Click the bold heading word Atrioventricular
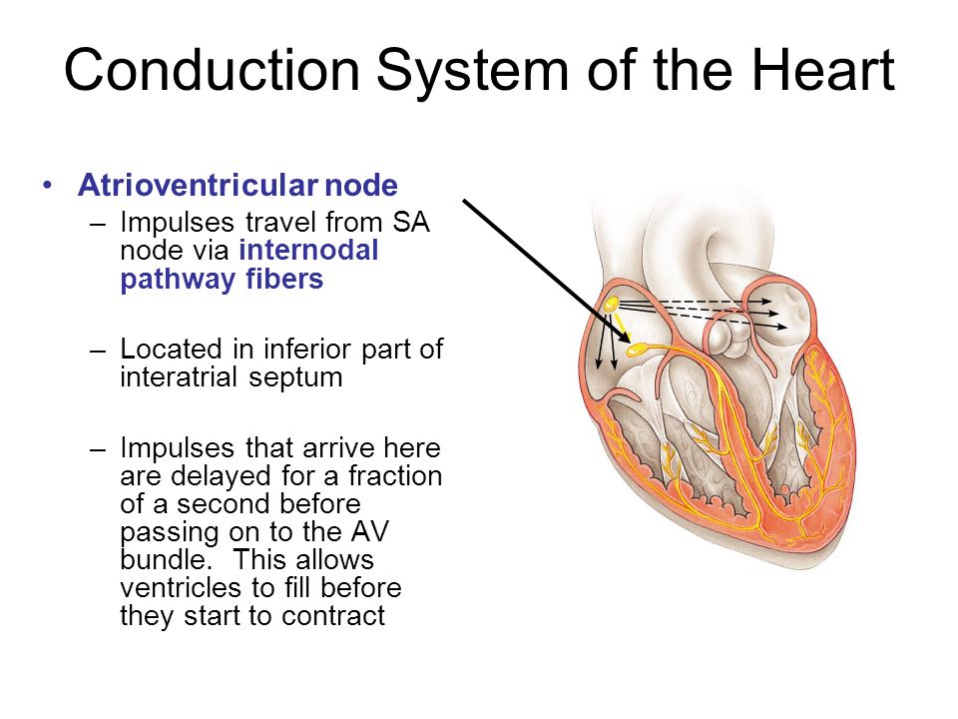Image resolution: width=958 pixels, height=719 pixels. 198,185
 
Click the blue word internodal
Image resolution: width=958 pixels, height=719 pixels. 308,250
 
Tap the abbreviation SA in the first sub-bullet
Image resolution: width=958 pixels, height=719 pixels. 410,222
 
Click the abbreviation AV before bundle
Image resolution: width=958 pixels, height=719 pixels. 369,531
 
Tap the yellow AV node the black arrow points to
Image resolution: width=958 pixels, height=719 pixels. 637,350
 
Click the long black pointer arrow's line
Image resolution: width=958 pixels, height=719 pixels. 547,271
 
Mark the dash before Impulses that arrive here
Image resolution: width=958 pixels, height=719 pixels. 98,449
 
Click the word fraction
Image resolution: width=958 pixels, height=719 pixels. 395,475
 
